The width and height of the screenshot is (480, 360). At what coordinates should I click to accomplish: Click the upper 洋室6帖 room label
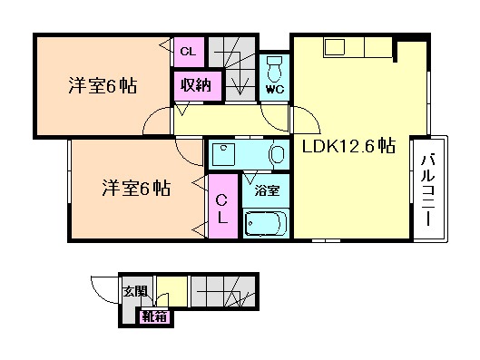(x=101, y=87)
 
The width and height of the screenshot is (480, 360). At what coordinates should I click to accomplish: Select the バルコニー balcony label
(x=427, y=190)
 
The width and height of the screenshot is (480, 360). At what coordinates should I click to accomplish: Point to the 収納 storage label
(x=191, y=86)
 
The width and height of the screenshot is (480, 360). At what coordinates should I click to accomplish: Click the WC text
(x=275, y=89)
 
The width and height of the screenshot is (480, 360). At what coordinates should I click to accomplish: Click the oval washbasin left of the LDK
(x=275, y=155)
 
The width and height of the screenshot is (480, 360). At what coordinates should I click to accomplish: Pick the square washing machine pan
(x=224, y=155)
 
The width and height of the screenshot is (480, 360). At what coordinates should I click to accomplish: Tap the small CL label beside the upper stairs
(x=188, y=52)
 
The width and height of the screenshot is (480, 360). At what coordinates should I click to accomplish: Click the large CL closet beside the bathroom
(x=221, y=209)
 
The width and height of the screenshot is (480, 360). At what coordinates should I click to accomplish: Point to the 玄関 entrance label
(x=132, y=292)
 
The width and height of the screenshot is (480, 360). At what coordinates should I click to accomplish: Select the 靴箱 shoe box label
(x=153, y=316)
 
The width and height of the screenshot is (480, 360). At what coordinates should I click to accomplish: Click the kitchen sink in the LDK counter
(x=333, y=48)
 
